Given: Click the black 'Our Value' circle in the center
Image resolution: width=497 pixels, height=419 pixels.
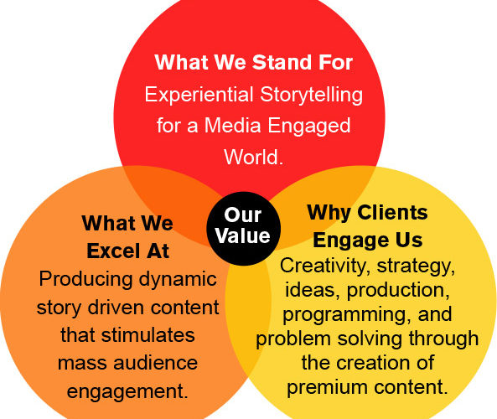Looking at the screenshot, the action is [243, 229].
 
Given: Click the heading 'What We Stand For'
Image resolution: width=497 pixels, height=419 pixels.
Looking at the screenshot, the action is [254, 62].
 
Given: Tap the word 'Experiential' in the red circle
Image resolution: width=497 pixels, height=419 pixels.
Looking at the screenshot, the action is [199, 95].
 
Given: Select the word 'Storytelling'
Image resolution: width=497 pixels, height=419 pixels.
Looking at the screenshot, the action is [312, 96].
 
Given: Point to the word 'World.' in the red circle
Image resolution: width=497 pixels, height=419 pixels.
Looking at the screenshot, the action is [253, 157].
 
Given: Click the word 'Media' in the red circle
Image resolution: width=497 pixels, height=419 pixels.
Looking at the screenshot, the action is [233, 125].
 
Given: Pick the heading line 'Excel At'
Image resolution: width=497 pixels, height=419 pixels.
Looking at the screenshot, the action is [128, 251].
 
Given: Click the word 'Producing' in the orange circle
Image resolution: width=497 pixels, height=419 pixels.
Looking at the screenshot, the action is [85, 280].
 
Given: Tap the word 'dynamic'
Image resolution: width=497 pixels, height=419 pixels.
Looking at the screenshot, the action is [178, 280].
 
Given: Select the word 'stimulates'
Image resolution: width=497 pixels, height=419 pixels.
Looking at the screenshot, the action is [148, 335].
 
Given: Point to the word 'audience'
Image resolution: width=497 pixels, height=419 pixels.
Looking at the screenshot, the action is [156, 363].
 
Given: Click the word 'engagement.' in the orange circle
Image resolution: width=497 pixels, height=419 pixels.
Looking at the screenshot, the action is [127, 391].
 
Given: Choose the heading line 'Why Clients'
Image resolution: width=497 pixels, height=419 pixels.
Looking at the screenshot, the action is [368, 213].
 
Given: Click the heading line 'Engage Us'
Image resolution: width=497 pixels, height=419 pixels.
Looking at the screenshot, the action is [368, 241].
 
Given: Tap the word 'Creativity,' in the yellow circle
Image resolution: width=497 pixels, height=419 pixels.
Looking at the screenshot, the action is [325, 266].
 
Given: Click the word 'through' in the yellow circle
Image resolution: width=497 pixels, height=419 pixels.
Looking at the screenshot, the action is [443, 339].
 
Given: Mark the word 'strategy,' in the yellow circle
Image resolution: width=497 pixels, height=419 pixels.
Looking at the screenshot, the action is [416, 266].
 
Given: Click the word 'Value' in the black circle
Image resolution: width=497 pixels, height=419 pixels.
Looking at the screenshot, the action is [243, 235].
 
